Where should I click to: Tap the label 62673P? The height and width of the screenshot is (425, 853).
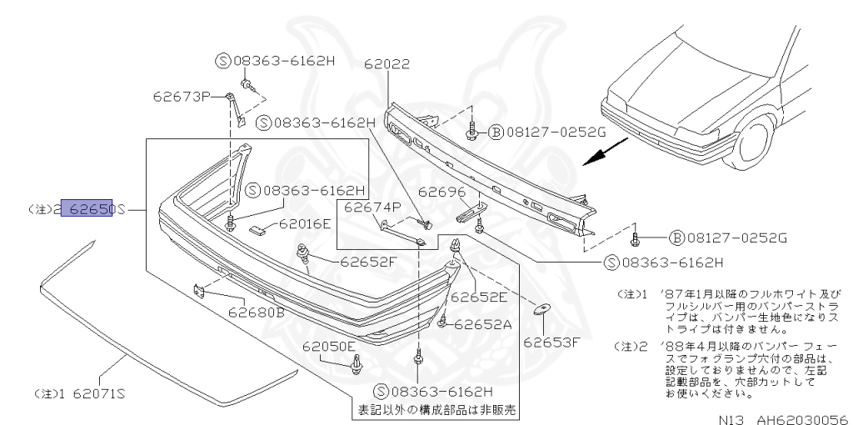pos(182,96)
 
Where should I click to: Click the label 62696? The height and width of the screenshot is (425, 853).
pos(441,191)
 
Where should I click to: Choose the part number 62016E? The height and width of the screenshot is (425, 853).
pos(306,223)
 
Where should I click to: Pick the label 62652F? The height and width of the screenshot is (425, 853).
pos(367,261)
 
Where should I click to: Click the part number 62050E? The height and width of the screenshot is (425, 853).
pos(329,346)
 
